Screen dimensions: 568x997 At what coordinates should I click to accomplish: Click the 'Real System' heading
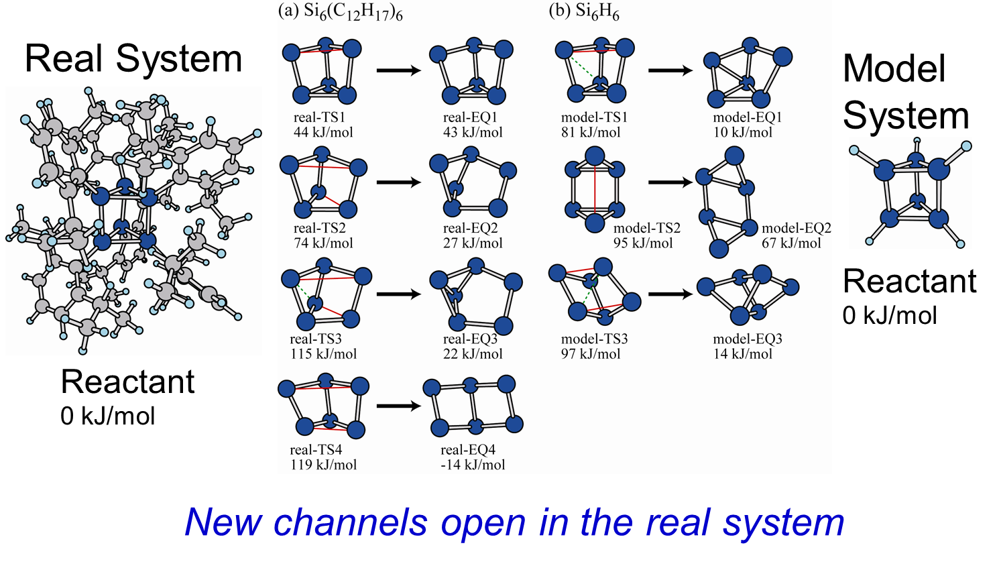click(x=133, y=59)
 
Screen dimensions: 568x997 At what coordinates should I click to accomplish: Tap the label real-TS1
click(x=319, y=117)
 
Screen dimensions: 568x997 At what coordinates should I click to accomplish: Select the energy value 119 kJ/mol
click(x=323, y=465)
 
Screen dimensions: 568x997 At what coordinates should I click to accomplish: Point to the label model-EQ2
click(x=796, y=229)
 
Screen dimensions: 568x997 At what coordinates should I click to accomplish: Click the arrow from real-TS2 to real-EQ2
click(x=398, y=182)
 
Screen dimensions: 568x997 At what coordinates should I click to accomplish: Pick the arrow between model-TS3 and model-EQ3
click(x=670, y=294)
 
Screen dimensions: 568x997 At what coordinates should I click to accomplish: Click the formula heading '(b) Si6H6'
click(x=583, y=11)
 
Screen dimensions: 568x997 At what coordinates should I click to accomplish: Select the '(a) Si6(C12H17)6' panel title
click(x=341, y=12)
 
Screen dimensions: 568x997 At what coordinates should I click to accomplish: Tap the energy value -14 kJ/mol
click(x=473, y=465)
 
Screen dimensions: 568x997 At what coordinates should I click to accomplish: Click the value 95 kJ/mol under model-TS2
click(x=642, y=243)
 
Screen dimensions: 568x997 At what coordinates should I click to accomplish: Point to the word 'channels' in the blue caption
click(x=350, y=522)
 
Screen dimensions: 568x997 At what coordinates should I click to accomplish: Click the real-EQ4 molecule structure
click(x=473, y=406)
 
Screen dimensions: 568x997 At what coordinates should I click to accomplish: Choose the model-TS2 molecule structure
click(x=595, y=189)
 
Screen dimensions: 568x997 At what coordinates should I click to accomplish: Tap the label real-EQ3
click(x=470, y=339)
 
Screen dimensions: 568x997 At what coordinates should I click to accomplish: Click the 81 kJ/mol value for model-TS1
click(x=591, y=132)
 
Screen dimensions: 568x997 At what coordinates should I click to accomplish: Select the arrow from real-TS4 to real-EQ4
click(x=398, y=406)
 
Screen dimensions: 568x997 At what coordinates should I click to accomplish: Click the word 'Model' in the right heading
click(x=894, y=69)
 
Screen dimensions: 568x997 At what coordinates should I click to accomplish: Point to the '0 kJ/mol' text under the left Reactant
click(x=108, y=416)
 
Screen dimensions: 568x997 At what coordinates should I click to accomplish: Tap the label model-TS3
click(x=594, y=339)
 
